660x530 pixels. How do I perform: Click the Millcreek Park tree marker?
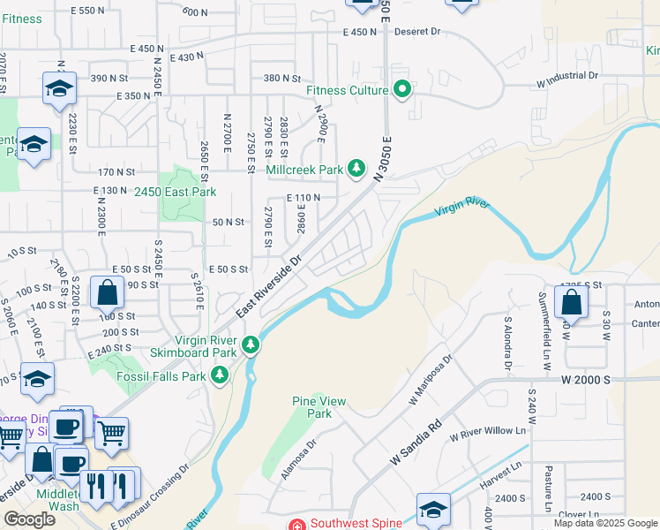tap(356, 169)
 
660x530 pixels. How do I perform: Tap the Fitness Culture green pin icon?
tap(403, 90)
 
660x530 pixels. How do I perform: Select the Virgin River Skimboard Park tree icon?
tap(251, 344)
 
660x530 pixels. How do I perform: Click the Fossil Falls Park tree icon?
tap(220, 376)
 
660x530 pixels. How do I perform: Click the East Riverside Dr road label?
tap(268, 288)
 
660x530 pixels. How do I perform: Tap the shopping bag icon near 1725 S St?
tap(573, 302)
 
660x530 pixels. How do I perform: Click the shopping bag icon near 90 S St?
tap(107, 291)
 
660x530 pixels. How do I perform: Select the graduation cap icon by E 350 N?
tap(59, 87)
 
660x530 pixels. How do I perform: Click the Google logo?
tap(29, 519)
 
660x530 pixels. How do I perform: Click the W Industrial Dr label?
tap(566, 77)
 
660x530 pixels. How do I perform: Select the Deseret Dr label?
tap(416, 32)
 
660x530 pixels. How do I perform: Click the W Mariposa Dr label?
tap(431, 379)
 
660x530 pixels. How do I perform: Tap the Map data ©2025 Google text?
tap(605, 523)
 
